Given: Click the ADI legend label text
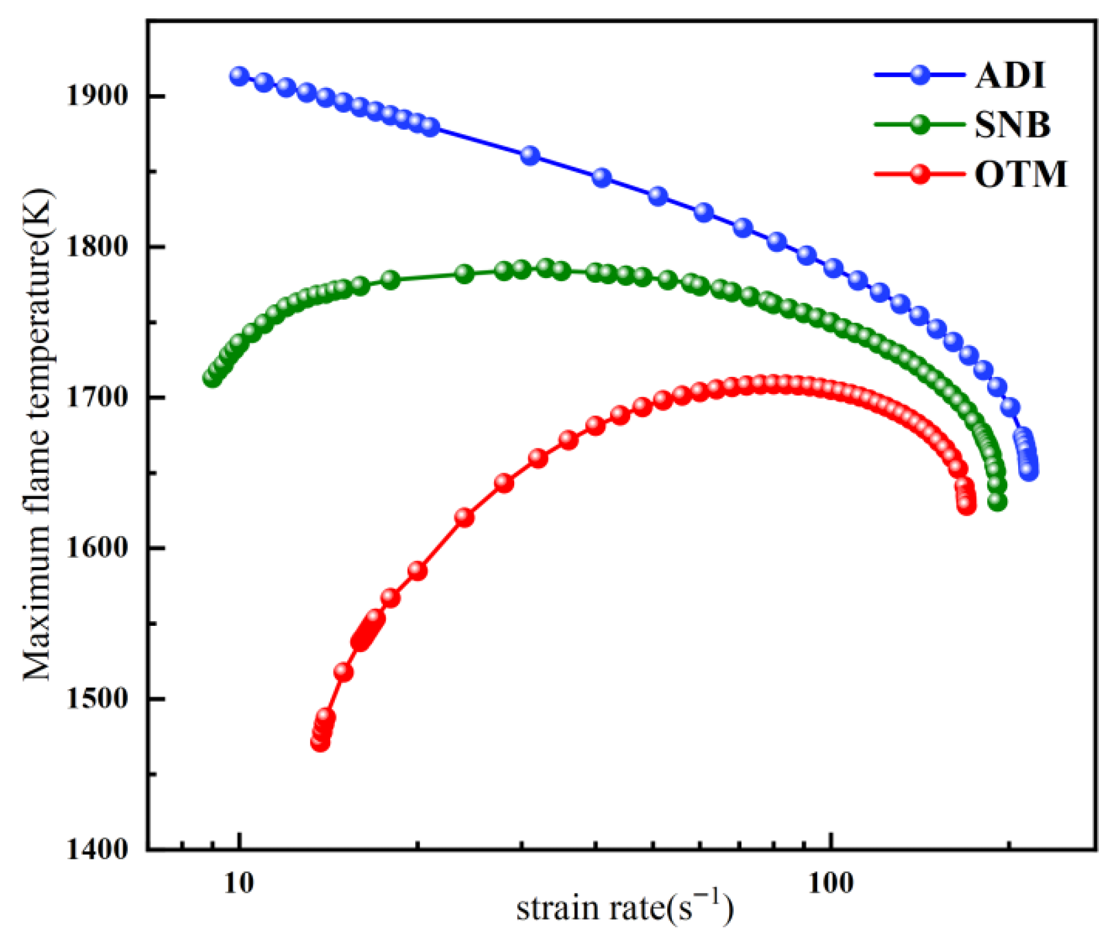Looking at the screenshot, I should pos(1010,75).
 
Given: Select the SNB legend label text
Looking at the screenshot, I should pos(1012,124).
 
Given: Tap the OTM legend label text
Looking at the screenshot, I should pos(1020,174).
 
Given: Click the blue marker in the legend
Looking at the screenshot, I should pos(920,75).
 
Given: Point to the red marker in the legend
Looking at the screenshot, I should pos(920,174).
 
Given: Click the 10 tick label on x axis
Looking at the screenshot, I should pos(238,884).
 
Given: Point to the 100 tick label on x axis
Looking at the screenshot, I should pos(830,884).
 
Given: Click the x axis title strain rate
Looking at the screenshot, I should pos(624,908).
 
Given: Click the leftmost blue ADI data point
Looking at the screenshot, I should pos(239,76).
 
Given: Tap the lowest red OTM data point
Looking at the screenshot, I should pos(321,742).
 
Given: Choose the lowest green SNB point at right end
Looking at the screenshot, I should pos(997,502).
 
